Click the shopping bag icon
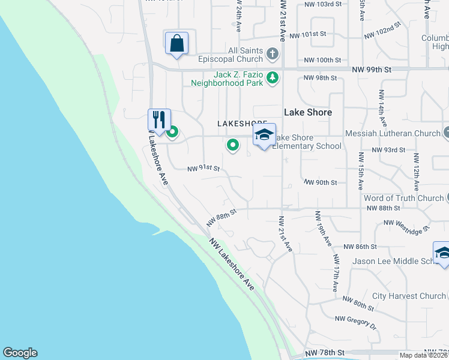pyautogui.click(x=176, y=43)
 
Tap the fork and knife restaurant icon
pyautogui.click(x=159, y=119)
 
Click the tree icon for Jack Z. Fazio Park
pyautogui.click(x=273, y=77)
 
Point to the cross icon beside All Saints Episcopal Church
pyautogui.click(x=273, y=54)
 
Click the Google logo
pyautogui.click(x=20, y=353)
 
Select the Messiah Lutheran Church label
pyautogui.click(x=393, y=133)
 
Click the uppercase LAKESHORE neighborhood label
pyautogui.click(x=242, y=123)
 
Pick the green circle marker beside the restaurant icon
pyautogui.click(x=173, y=132)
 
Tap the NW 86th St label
pyautogui.click(x=360, y=247)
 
